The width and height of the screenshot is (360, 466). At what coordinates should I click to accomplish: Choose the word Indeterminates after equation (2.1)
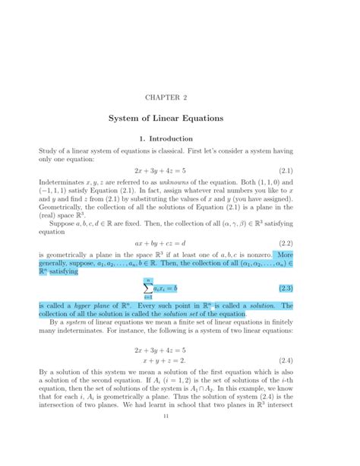click(x=65, y=184)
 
